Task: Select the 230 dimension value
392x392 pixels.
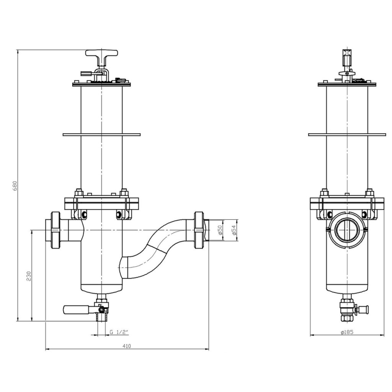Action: (x=28, y=276)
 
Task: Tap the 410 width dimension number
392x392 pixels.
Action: (x=127, y=346)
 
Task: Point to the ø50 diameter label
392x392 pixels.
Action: (x=220, y=230)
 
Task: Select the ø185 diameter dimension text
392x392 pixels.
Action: (x=346, y=332)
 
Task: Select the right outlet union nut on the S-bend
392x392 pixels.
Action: (x=199, y=230)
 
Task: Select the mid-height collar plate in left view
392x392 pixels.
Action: (x=101, y=134)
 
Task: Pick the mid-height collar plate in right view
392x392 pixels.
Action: (x=347, y=134)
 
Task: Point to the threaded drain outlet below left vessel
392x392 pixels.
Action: (x=102, y=317)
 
